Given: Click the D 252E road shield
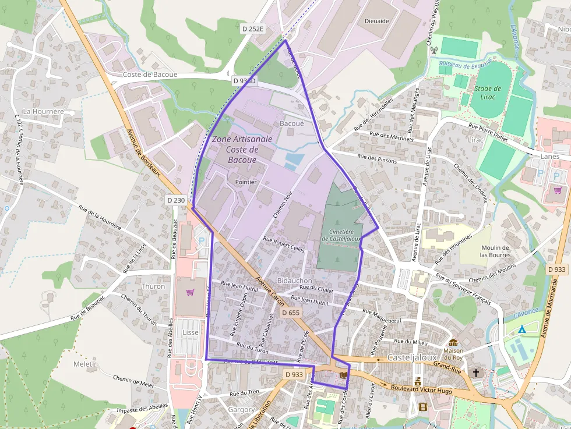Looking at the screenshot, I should (253, 28).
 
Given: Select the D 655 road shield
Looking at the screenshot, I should (291, 313).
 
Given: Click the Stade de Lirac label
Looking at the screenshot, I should (488, 93).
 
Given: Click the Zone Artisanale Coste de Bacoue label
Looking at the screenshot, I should (241, 150).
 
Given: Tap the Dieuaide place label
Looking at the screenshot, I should (376, 20).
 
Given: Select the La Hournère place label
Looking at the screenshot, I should (43, 111).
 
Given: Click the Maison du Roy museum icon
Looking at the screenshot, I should (453, 342).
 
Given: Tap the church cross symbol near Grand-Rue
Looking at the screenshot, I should (476, 372).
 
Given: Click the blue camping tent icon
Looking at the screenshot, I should (522, 329).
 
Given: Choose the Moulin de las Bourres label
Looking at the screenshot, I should (495, 251).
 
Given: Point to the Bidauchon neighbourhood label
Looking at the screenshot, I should (295, 281).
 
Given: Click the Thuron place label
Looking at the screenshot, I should (153, 286).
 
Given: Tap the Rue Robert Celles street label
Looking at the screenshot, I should (284, 243).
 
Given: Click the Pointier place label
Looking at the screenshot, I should (245, 182).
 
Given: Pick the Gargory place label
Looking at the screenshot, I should (241, 410).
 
